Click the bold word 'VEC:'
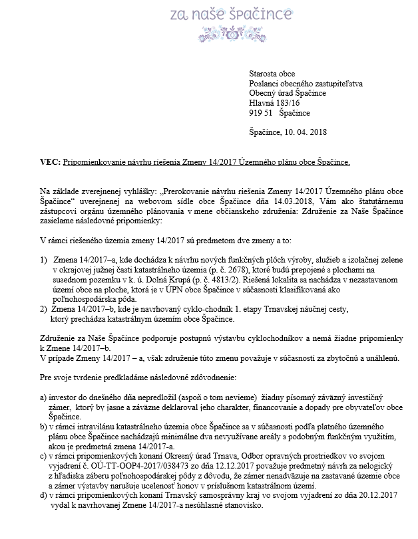pyautogui.click(x=51, y=162)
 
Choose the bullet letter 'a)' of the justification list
pyautogui.click(x=44, y=396)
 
